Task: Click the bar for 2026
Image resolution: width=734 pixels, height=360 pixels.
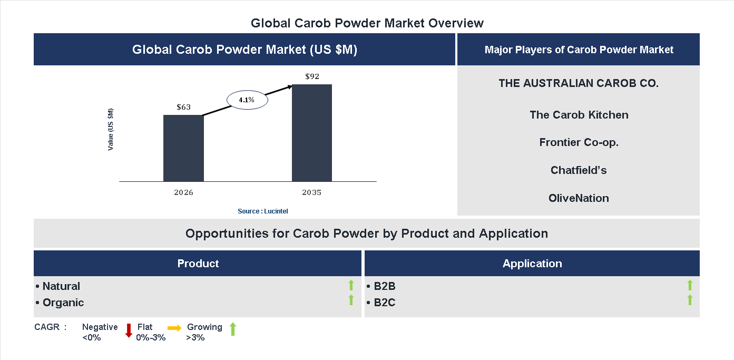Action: pos(183,148)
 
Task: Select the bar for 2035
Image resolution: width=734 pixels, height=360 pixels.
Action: pos(312,133)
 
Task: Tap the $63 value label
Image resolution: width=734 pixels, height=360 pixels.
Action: pos(183,107)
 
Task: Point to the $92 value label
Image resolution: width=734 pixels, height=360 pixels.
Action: pos(312,76)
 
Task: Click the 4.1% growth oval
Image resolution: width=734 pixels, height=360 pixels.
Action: pos(247,100)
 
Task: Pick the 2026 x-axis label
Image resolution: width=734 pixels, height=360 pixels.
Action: pos(183,192)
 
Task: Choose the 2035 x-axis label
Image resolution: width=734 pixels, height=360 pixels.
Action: pos(311,192)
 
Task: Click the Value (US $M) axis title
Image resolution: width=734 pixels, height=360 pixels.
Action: pos(111,129)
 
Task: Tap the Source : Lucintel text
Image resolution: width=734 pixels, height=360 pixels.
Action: pos(262,211)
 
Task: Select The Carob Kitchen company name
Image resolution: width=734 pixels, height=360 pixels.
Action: pos(579,115)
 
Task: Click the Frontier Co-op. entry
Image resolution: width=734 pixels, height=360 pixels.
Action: pos(579,142)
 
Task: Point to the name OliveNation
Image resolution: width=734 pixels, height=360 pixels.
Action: pos(579,198)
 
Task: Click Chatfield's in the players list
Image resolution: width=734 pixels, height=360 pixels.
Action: pos(579,170)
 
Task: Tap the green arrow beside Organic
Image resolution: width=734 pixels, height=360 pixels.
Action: pos(351,300)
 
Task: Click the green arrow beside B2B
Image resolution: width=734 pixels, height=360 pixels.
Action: pos(690,285)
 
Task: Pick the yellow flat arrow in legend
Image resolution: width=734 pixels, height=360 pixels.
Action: pos(174,328)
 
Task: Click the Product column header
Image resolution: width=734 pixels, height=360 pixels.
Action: pos(198,264)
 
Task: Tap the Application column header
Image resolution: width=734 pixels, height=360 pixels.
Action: pos(532,264)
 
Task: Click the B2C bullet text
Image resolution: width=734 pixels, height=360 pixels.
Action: pos(384,303)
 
